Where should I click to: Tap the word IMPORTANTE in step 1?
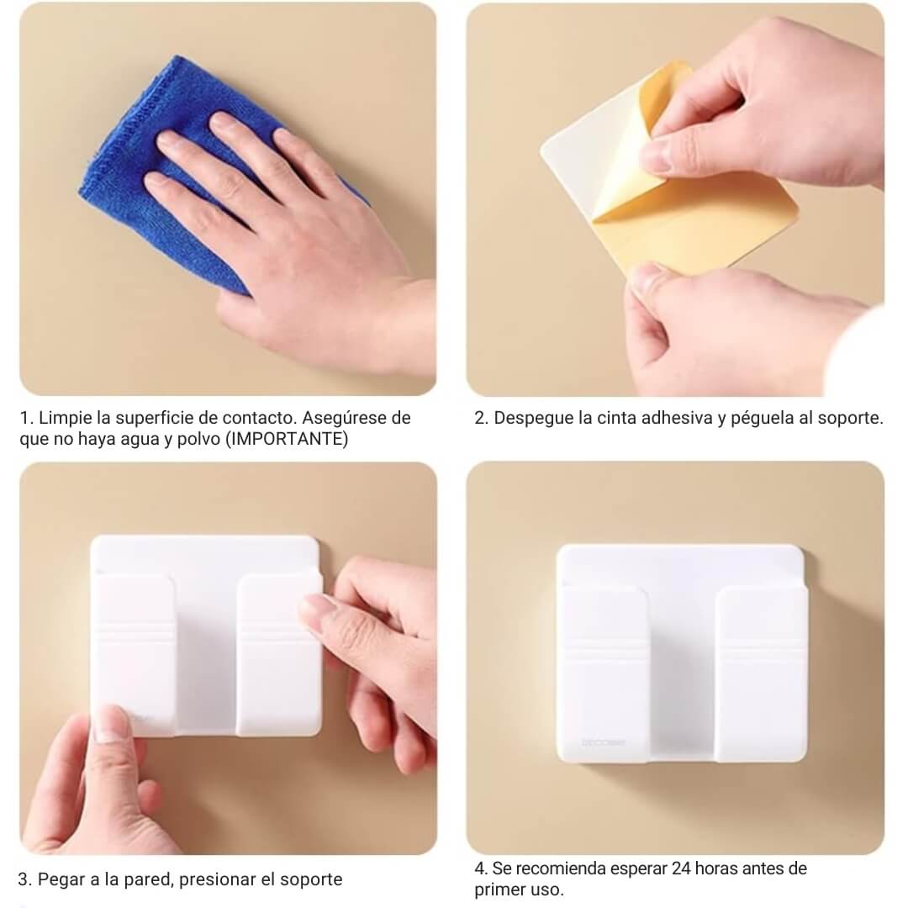click(x=287, y=439)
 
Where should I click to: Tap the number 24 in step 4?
click(x=681, y=868)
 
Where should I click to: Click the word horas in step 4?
click(x=716, y=868)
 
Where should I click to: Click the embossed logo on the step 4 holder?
click(x=603, y=742)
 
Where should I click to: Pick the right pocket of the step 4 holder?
click(x=761, y=671)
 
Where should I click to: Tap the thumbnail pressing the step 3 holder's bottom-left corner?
click(x=109, y=724)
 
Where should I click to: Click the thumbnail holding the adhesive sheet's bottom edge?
click(x=646, y=281)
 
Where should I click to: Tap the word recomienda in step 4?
click(x=560, y=868)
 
